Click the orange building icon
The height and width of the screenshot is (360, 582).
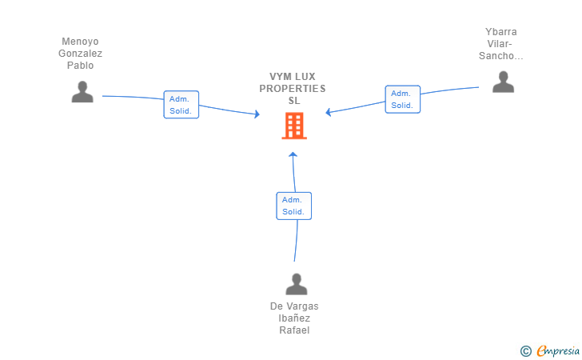click(293, 126)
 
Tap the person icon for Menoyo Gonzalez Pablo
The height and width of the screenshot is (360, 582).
click(82, 92)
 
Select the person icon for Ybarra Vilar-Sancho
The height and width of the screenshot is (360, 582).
click(503, 82)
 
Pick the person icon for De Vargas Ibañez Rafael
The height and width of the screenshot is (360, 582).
click(297, 284)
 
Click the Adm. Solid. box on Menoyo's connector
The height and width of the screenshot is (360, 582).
click(181, 105)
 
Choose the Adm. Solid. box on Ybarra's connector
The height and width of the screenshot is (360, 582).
click(402, 99)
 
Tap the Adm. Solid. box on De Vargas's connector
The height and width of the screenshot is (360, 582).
click(293, 206)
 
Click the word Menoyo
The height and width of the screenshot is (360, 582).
click(80, 42)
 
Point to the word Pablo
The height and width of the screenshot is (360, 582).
click(80, 66)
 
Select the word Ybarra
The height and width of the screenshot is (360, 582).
click(501, 32)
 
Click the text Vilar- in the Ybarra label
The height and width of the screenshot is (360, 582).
click(501, 44)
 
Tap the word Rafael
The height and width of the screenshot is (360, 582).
click(294, 330)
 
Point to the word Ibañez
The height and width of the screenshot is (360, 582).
click(294, 318)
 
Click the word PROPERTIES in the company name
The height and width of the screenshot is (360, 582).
click(293, 89)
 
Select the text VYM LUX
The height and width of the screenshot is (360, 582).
click(293, 77)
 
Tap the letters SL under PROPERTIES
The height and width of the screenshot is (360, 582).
click(293, 101)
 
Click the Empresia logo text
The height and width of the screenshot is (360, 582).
click(558, 350)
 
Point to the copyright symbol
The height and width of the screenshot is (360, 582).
click(525, 350)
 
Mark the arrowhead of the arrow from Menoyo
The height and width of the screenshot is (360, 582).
click(257, 115)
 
